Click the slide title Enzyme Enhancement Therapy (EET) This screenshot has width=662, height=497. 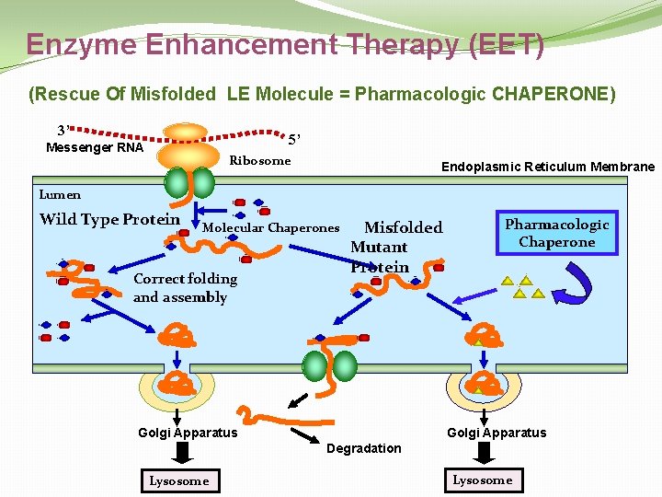click(285, 44)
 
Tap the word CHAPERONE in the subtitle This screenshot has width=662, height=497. click(554, 94)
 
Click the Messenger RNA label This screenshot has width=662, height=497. click(95, 147)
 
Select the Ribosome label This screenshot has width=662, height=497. click(259, 161)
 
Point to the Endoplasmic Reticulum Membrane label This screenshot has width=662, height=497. click(548, 167)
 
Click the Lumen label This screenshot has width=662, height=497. click(60, 194)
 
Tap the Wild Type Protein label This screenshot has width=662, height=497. click(109, 219)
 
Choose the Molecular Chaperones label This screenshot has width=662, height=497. click(270, 228)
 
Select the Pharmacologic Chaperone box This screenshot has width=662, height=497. click(556, 233)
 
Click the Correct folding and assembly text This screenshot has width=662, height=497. click(185, 287)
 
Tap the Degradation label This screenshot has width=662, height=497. click(364, 448)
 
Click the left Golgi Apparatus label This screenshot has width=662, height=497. click(188, 433)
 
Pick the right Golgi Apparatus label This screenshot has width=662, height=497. click(496, 433)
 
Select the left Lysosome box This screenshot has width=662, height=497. click(179, 480)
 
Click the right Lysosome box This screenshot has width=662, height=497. click(482, 480)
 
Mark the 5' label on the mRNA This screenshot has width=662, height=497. click(294, 140)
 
